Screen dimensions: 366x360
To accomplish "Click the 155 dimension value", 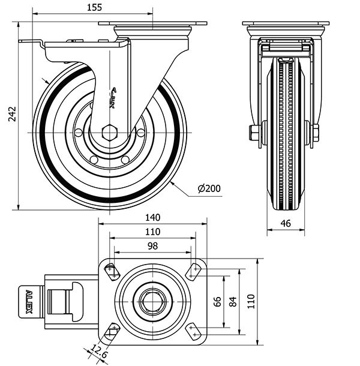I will pos(94,7).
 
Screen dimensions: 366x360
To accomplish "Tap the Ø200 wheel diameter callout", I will pos(209,188).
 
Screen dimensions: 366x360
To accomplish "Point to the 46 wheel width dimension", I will pos(286,223).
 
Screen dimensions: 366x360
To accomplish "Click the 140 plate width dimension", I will pos(152,218).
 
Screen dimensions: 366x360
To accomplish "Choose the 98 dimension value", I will pos(152,245).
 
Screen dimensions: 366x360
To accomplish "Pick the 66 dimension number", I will pos(218,301).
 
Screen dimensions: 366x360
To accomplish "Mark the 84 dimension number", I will pos(233,301).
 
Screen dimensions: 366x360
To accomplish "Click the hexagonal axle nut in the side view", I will pos(109,133).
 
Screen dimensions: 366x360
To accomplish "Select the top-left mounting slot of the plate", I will pos(112,271).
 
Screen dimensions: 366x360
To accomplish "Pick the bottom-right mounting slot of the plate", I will pos(193,331).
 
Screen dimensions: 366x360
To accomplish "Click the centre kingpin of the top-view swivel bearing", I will pos(152,301).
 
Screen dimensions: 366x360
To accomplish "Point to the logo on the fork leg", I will pos(113,97).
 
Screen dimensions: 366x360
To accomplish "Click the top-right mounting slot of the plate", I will pos(193,271).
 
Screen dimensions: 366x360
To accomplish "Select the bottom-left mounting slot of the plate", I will pos(112,331).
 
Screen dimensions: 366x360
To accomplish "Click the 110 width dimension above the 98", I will pos(152,232).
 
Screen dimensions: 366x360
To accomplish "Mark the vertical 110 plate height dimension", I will pos(252,301).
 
